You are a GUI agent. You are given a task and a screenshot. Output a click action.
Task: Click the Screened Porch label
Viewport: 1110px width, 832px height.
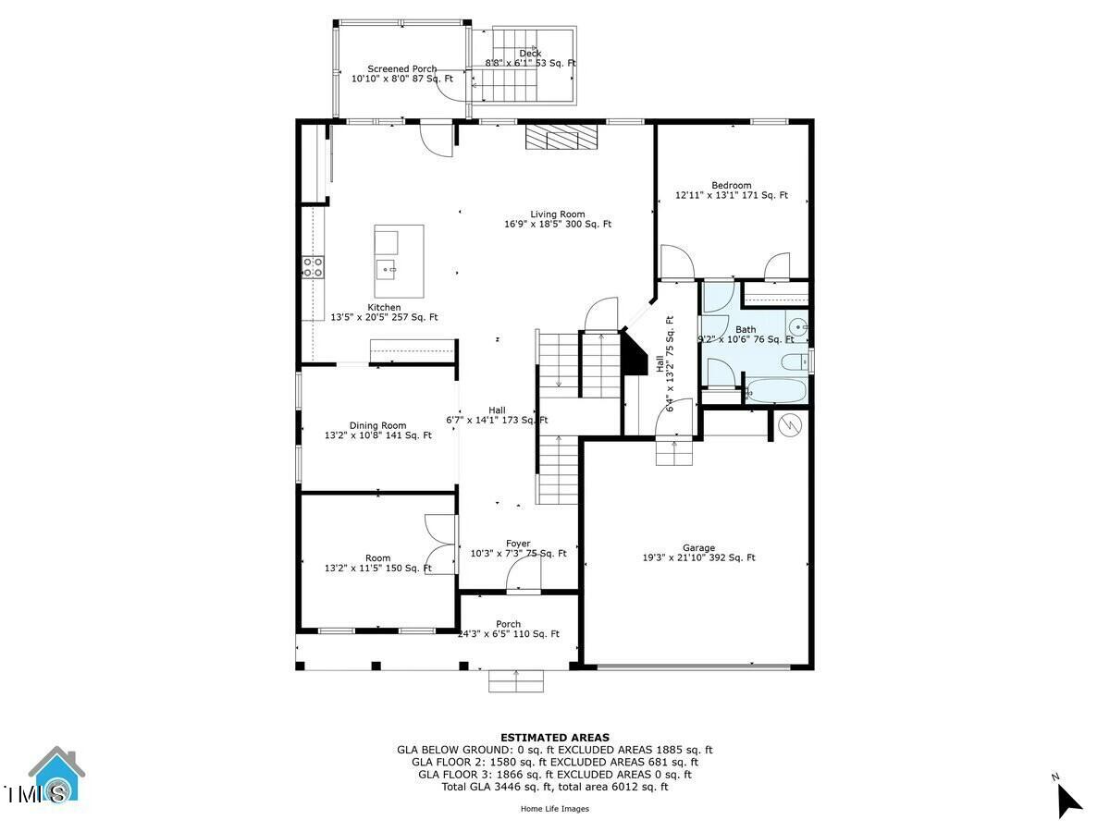401,69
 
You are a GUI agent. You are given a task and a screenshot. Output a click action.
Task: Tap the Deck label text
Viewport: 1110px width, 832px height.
530,54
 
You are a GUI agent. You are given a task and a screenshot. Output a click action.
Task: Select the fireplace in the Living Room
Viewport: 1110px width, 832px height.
561,138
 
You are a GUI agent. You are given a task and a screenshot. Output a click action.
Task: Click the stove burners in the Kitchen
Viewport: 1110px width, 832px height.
314,267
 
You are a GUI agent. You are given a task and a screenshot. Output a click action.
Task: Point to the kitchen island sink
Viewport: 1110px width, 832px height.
387,270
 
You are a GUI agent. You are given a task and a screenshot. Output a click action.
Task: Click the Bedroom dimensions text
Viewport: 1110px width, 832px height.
732,196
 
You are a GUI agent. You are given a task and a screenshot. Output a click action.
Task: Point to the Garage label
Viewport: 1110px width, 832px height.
698,548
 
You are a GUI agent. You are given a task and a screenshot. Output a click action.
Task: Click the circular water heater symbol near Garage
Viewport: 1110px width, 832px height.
790,425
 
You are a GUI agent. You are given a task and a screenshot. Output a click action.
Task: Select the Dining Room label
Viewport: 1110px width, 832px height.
377,425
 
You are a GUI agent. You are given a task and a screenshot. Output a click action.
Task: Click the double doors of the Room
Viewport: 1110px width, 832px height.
440,544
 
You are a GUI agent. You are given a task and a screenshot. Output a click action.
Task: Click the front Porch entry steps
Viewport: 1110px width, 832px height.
515,681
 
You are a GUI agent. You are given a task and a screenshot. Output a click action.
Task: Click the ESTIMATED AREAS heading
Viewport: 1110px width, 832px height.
555,738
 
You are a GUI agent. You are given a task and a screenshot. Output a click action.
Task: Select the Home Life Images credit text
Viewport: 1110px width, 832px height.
555,809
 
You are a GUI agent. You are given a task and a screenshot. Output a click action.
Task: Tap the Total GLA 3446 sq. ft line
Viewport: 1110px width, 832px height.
555,787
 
